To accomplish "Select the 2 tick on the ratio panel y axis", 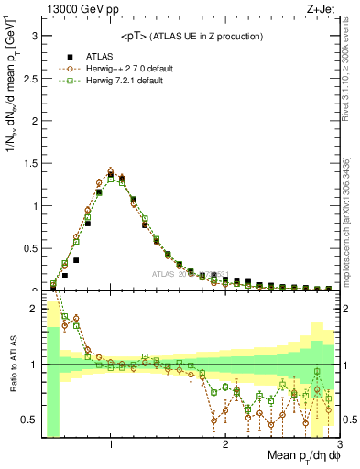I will tap(34, 309).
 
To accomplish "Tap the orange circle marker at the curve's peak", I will tap(111, 170).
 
